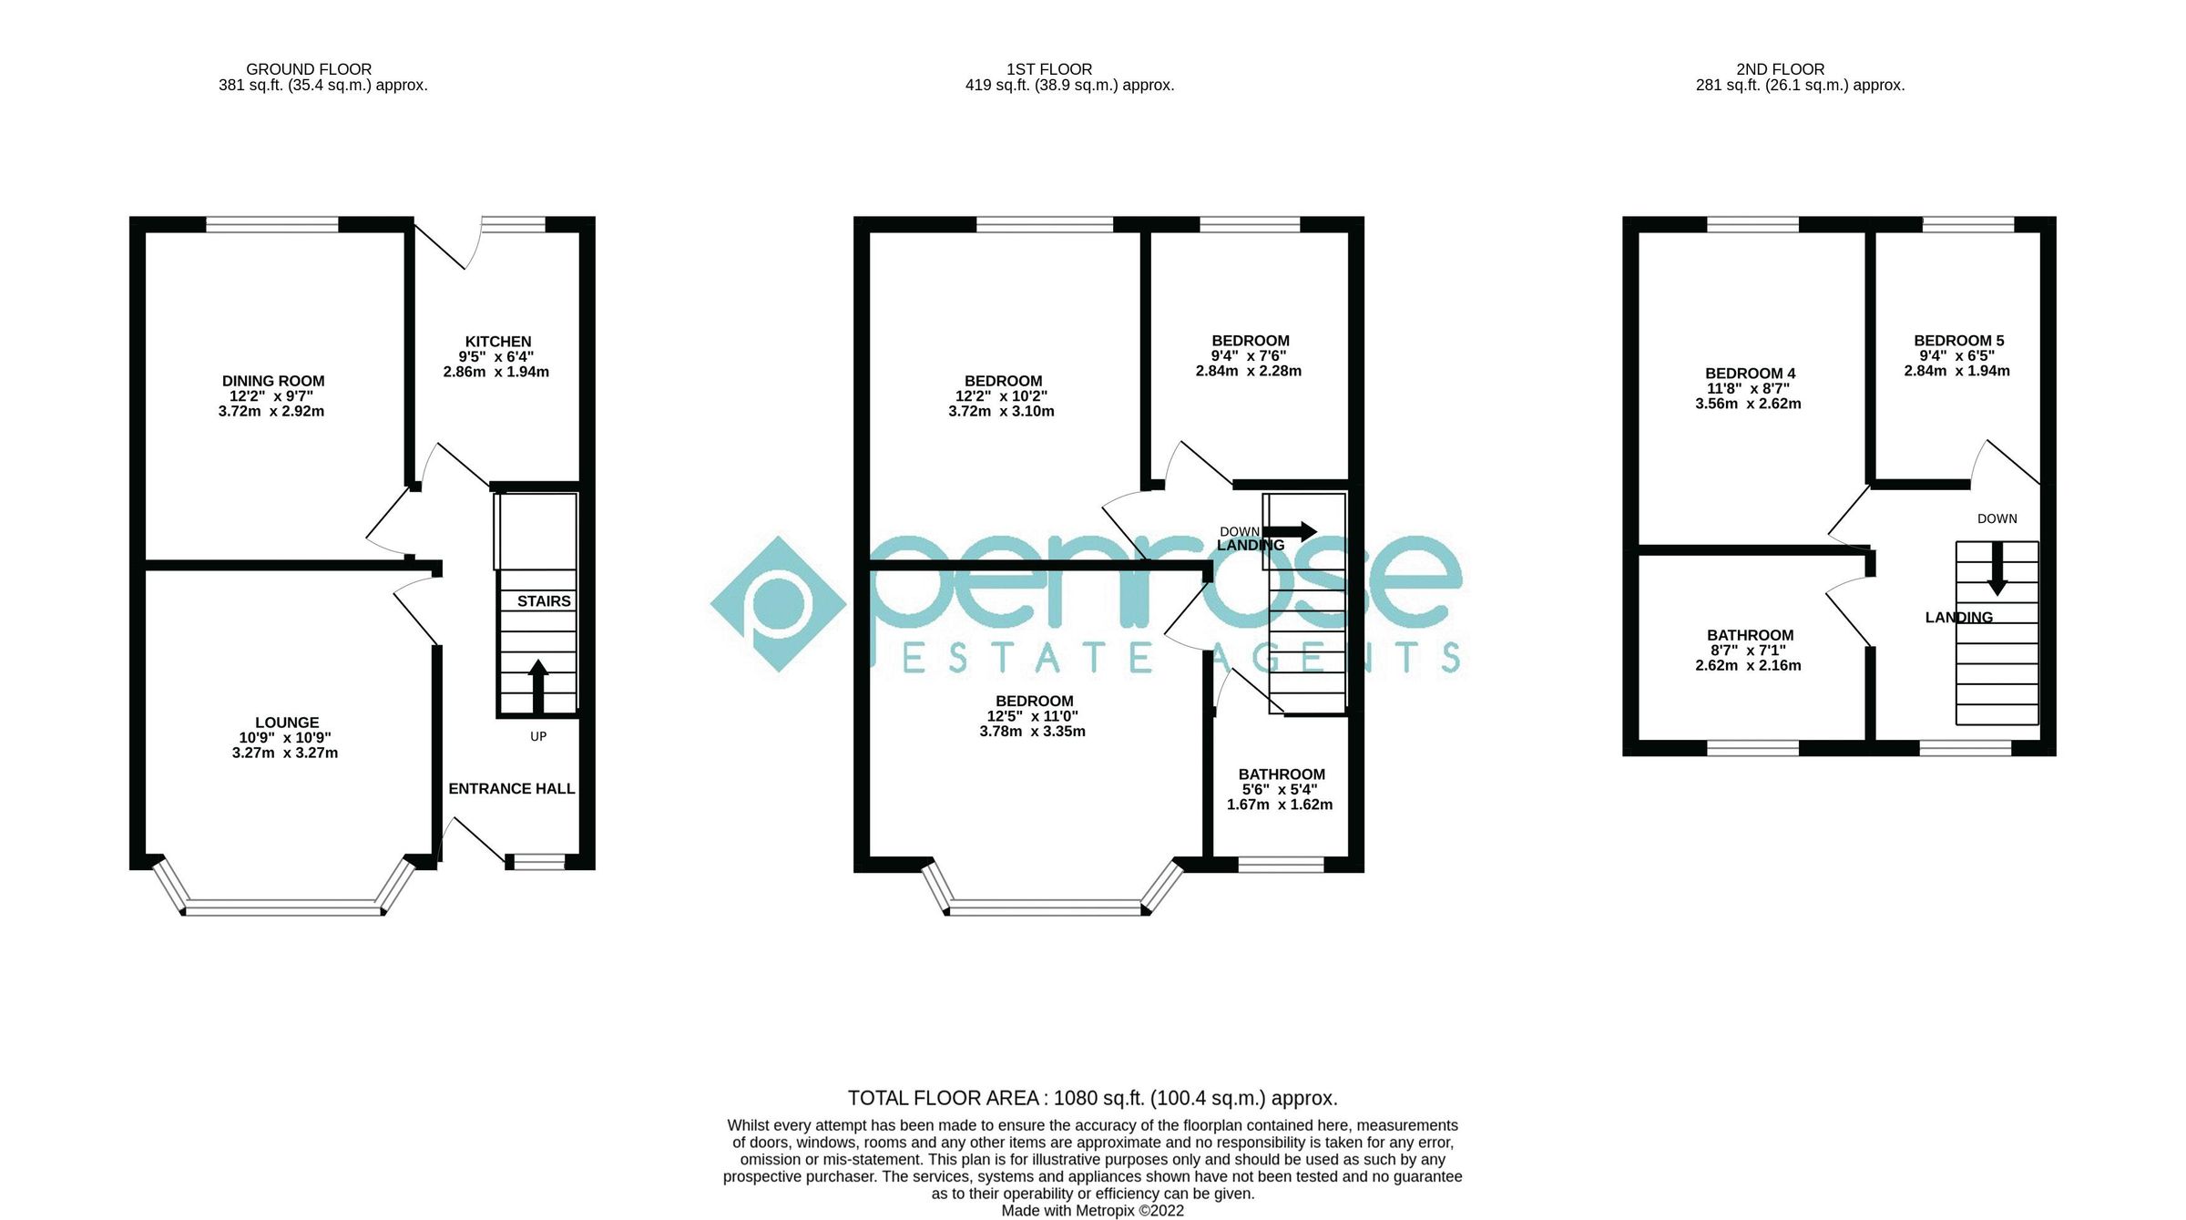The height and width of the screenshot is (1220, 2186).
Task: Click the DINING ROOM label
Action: click(x=273, y=381)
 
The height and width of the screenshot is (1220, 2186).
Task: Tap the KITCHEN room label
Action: click(x=497, y=342)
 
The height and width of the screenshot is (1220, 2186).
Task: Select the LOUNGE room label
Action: click(x=287, y=723)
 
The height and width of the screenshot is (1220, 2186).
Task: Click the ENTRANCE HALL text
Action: click(x=511, y=789)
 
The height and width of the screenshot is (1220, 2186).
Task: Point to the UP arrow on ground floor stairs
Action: click(x=537, y=685)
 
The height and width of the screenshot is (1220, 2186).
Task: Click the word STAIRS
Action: click(x=544, y=601)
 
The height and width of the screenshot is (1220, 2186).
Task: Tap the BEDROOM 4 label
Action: click(x=1750, y=374)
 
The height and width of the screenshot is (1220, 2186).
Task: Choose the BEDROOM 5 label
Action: click(x=1958, y=341)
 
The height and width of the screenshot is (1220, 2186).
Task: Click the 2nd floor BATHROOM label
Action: click(x=1750, y=635)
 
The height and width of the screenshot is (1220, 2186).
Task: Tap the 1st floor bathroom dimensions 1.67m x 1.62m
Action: click(x=1279, y=805)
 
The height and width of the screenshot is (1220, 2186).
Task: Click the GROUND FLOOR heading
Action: click(x=309, y=69)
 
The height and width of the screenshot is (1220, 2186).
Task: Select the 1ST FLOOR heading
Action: click(x=1048, y=69)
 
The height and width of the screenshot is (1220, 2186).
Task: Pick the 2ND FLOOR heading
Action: click(x=1780, y=69)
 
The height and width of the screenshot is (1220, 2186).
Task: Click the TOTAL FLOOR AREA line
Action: click(x=1092, y=1098)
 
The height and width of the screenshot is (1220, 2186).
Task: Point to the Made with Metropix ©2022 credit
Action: click(x=1092, y=1211)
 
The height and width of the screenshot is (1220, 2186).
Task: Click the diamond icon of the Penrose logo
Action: click(x=778, y=604)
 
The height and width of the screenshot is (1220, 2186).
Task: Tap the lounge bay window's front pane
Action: click(x=283, y=907)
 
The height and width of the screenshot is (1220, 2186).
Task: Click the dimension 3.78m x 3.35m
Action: click(x=1032, y=732)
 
